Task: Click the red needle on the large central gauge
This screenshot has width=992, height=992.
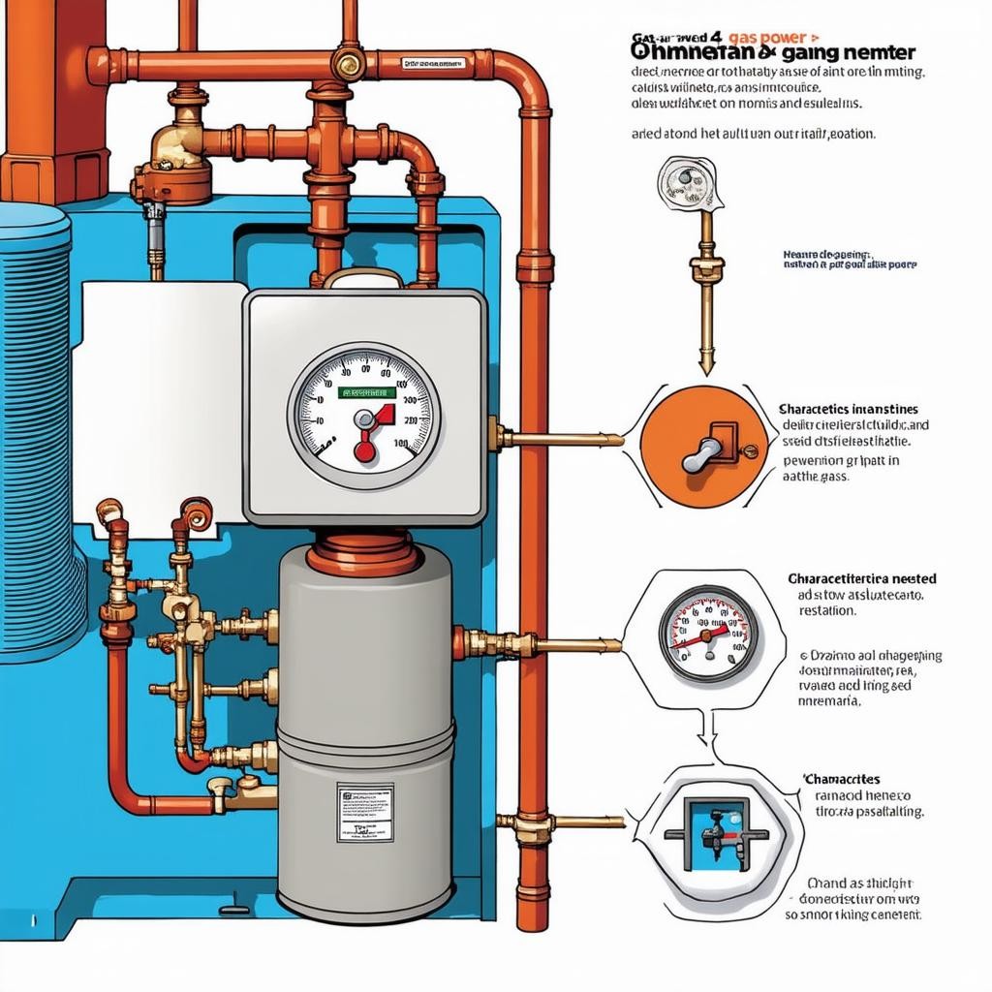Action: coord(365,442)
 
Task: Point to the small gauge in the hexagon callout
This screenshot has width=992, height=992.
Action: coord(709,635)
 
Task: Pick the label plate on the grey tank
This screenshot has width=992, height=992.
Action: coord(364,812)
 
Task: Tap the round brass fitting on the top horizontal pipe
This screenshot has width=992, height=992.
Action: coord(347,64)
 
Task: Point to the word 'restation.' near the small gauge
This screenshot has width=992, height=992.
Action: coord(826,611)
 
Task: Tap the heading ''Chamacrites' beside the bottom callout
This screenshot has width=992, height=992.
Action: coord(841,779)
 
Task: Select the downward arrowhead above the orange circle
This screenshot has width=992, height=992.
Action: coord(706,365)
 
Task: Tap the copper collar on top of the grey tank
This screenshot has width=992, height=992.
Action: coord(362,555)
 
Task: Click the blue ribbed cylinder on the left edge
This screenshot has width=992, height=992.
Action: coord(35,436)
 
